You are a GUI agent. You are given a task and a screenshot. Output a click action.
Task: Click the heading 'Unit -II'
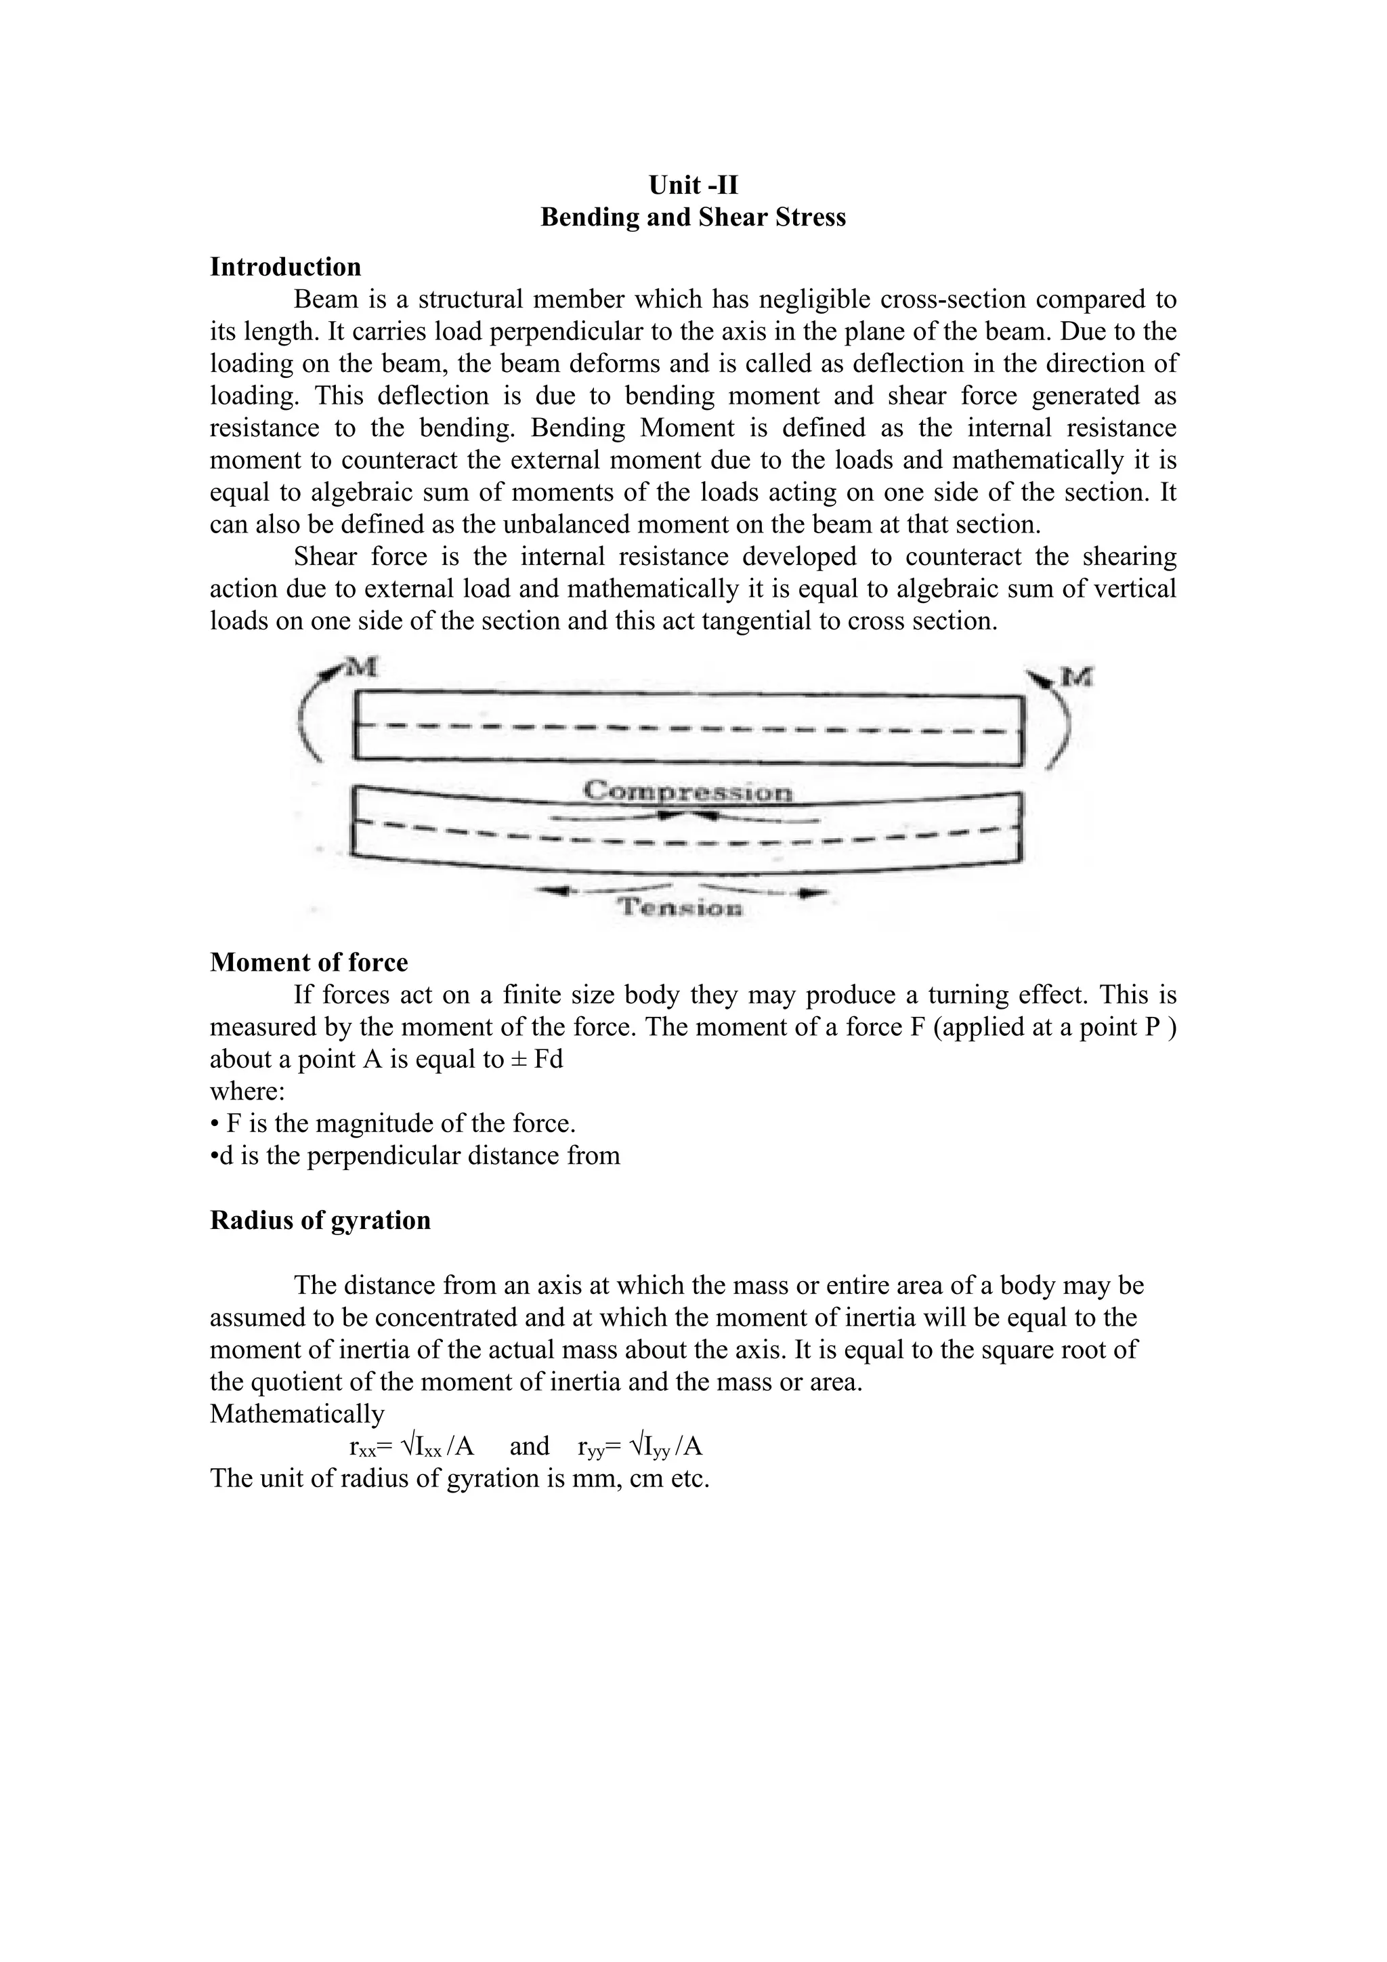pyautogui.click(x=693, y=186)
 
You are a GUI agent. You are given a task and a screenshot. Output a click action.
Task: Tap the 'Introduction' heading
pyautogui.click(x=285, y=268)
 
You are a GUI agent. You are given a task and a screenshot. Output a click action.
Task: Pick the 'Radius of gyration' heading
pyautogui.click(x=320, y=1219)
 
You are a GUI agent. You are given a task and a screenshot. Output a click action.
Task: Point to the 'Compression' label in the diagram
pyautogui.click(x=687, y=791)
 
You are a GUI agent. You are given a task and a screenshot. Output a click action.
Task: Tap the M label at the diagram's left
pyautogui.click(x=363, y=667)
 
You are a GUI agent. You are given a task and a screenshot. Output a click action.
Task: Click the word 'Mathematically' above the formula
pyautogui.click(x=297, y=1414)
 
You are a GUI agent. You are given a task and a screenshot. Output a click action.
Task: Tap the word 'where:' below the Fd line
pyautogui.click(x=248, y=1091)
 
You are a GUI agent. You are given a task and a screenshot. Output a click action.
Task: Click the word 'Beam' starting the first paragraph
pyautogui.click(x=325, y=300)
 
